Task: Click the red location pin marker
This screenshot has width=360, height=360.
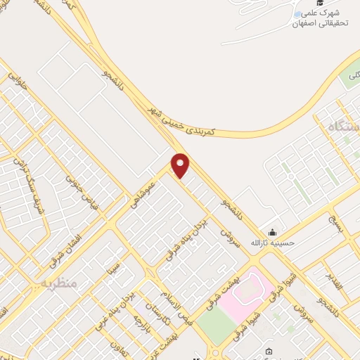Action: (x=181, y=165)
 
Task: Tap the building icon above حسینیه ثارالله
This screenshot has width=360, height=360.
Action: (x=271, y=233)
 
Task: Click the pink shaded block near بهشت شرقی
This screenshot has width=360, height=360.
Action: (x=243, y=295)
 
